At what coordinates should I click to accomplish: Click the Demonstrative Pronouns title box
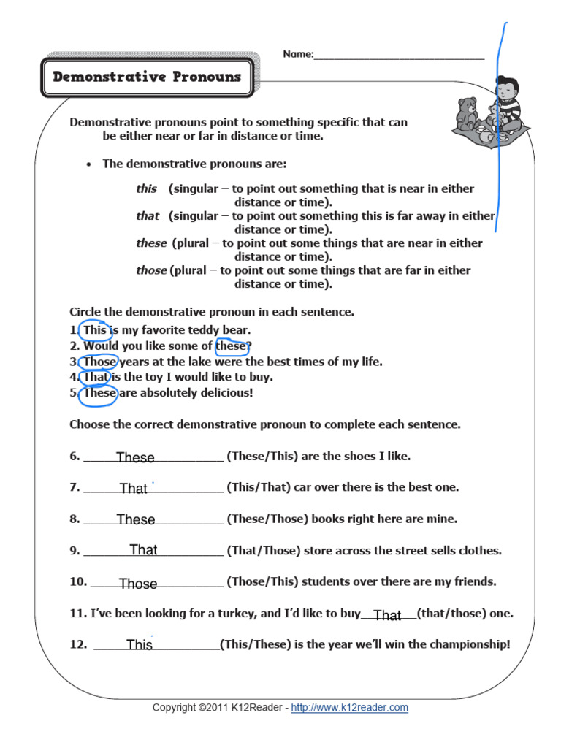tap(147, 77)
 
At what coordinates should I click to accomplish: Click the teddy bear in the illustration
tap(465, 113)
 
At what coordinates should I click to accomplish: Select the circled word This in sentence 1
tap(94, 330)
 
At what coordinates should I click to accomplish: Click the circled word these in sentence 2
tap(231, 346)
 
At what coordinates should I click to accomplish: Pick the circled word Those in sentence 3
tap(99, 362)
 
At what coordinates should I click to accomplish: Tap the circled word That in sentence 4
tap(96, 377)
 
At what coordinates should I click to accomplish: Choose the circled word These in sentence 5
tap(99, 393)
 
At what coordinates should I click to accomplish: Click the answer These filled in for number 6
tap(135, 457)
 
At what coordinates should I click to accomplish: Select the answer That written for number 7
tap(133, 489)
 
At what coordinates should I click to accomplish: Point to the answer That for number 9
tap(143, 550)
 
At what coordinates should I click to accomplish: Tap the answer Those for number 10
tap(138, 584)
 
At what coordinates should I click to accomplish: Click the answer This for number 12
tap(140, 645)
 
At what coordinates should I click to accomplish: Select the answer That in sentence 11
tap(387, 616)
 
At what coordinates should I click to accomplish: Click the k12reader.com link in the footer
tap(349, 707)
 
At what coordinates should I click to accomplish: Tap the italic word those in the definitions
tap(151, 270)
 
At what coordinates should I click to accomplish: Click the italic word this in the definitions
tap(146, 188)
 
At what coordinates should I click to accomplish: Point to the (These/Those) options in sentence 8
tap(267, 519)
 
